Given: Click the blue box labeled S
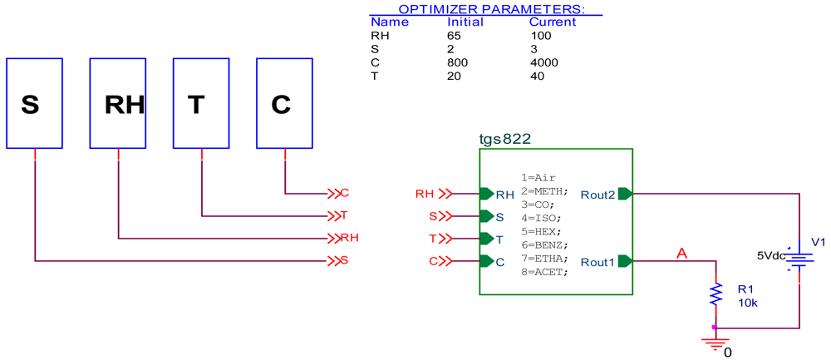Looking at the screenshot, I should pos(34,103).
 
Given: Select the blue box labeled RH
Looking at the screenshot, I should pos(118,103).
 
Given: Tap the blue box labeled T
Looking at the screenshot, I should pos(201,103).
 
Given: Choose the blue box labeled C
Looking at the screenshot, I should pos(284,103).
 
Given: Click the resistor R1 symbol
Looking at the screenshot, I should pos(715,293).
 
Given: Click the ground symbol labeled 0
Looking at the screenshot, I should pos(715,342).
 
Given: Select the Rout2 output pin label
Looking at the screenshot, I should pos(597,194).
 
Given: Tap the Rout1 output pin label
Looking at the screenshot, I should pos(597,261).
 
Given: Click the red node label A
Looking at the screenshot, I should pos(682,253).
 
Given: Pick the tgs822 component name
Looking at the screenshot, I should pos(505,139).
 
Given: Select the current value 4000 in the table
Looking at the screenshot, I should pos(543,63).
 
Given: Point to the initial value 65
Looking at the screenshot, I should pos(455,36).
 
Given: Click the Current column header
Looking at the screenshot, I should pos(552,22).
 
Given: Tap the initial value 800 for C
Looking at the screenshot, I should pos(458,63).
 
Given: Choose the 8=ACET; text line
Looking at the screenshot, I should pos(544,272).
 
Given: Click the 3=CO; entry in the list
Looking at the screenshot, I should pos(538,204).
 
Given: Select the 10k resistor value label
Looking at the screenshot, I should pos(748,303).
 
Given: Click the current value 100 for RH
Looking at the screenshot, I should pos(540,36).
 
